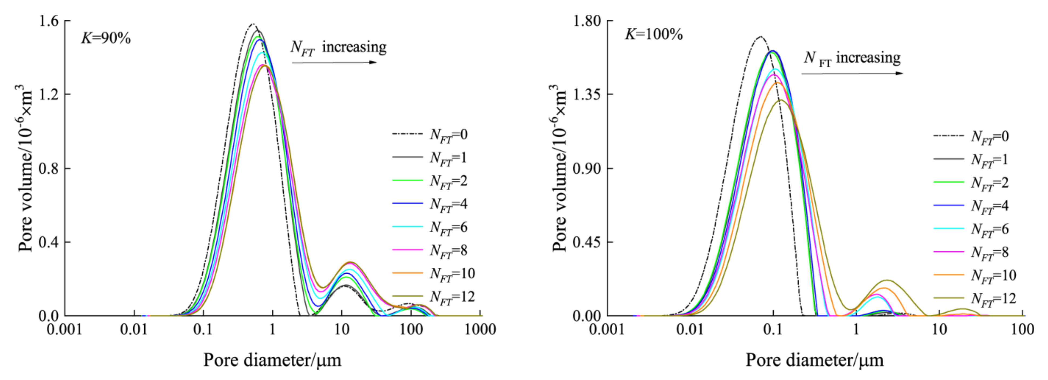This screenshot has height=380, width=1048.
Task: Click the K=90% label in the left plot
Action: (106, 38)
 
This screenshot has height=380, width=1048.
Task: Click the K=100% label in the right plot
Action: (653, 34)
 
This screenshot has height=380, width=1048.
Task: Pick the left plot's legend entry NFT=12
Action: (452, 297)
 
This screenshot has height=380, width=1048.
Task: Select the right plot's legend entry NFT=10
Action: (993, 276)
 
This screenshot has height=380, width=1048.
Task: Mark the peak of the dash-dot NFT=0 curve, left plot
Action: (253, 24)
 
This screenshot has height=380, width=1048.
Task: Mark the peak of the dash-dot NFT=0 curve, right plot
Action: (760, 37)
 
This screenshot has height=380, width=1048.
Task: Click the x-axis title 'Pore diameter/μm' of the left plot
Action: (272, 360)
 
